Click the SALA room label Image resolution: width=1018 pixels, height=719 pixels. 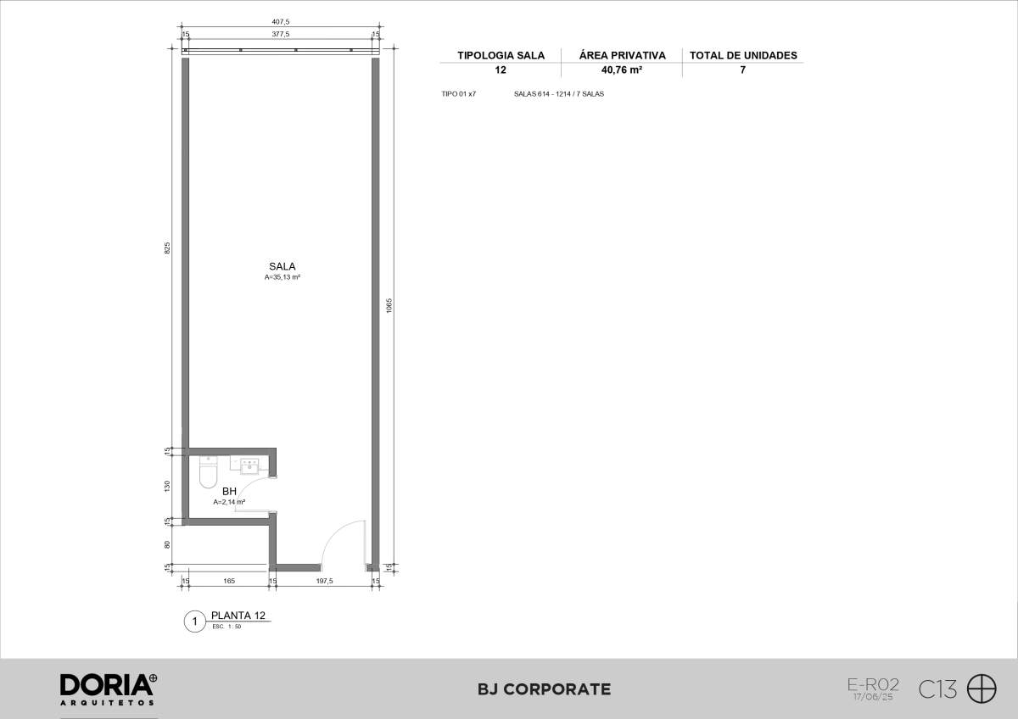[x=282, y=266]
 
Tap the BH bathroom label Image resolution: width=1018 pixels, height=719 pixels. [x=230, y=492]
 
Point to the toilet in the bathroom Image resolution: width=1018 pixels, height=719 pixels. [x=208, y=472]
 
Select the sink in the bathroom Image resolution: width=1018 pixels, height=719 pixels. [x=249, y=466]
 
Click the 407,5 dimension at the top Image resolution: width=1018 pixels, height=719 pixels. [x=281, y=22]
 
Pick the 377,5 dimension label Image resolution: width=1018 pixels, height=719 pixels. [x=281, y=34]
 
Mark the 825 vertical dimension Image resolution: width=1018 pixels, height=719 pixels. [x=167, y=248]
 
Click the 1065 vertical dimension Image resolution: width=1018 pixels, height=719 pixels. [x=389, y=305]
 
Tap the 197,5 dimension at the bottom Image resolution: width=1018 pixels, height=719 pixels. [x=324, y=581]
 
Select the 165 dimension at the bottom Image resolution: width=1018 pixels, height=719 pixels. [x=229, y=581]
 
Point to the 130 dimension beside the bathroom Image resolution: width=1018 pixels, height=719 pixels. [x=167, y=486]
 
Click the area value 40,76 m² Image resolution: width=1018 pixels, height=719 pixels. [x=622, y=70]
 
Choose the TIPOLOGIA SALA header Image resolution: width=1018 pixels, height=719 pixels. [x=501, y=55]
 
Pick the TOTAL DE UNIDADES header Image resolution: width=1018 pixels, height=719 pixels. [x=743, y=55]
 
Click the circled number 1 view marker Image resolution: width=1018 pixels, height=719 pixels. [x=195, y=621]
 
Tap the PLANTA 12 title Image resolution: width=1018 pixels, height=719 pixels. [x=238, y=616]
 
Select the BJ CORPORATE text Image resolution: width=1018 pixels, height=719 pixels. [x=544, y=689]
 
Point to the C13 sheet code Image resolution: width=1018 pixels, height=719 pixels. [x=937, y=689]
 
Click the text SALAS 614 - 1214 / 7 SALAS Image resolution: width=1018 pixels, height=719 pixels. [x=559, y=94]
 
